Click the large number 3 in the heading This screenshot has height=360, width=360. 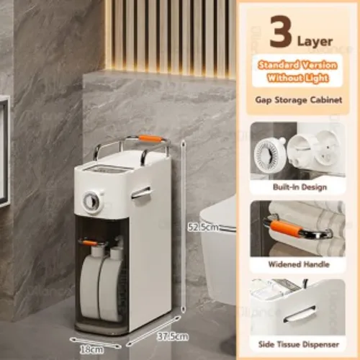[280, 32]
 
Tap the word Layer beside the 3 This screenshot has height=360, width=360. [315, 42]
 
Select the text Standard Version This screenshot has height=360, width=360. [297, 66]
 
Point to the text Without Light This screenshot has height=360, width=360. [297, 78]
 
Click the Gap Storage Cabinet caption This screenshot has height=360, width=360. [299, 100]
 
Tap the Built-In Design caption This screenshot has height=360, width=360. [300, 187]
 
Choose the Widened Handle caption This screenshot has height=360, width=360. [299, 264]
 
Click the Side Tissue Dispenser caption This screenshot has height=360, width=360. [299, 345]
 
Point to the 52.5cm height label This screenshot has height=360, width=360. [203, 227]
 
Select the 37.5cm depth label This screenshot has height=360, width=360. [173, 336]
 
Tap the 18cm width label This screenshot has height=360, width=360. [91, 350]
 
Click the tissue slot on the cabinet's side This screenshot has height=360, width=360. [141, 193]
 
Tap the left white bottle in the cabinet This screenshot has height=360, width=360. [90, 282]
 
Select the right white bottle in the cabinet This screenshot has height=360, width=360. [111, 283]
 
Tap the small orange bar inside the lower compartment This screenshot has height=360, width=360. [90, 243]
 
